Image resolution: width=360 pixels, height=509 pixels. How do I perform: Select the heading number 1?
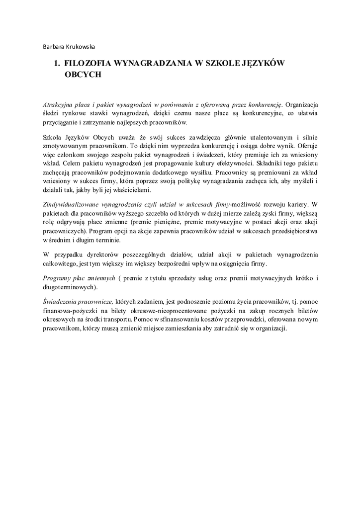pyautogui.click(x=57, y=64)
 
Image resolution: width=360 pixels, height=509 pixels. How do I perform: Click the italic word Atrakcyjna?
pyautogui.click(x=59, y=104)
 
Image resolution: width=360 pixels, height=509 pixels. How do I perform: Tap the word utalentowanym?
pyautogui.click(x=271, y=137)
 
